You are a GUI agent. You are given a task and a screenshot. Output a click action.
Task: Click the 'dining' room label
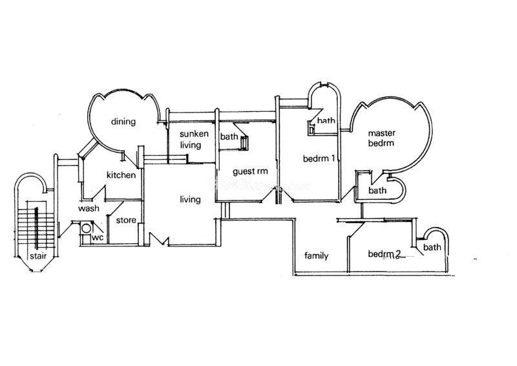(x=123, y=122)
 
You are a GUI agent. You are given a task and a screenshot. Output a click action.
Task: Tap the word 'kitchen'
(x=121, y=175)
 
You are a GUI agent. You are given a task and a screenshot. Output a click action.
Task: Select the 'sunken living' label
(x=194, y=140)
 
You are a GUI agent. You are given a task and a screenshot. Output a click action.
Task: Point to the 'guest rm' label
(x=250, y=171)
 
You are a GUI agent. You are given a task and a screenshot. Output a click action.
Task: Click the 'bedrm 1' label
(x=319, y=158)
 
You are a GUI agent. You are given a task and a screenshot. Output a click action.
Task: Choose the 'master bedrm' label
(x=381, y=138)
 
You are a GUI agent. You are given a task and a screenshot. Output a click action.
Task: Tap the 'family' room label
(x=316, y=256)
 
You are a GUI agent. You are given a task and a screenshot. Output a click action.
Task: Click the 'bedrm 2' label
(x=385, y=254)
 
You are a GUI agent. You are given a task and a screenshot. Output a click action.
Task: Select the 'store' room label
(x=126, y=220)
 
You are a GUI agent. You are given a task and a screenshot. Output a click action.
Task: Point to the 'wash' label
(x=89, y=209)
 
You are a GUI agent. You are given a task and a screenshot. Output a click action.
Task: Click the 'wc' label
(x=98, y=237)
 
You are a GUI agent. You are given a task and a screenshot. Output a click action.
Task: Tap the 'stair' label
(x=38, y=256)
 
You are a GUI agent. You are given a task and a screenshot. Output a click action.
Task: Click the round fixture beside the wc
(x=87, y=228)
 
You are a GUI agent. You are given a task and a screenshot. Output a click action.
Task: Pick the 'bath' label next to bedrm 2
(x=432, y=247)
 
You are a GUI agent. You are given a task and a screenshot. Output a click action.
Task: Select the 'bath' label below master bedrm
(x=377, y=190)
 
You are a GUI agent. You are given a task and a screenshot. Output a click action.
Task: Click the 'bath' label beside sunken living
(x=229, y=136)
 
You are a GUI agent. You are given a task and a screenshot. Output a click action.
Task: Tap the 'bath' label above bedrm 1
(x=326, y=121)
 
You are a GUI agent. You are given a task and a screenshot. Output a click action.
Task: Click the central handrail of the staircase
(x=37, y=228)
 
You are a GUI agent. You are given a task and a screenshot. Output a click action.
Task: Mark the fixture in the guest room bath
(x=244, y=143)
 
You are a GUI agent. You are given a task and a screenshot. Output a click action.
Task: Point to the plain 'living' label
(x=190, y=200)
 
